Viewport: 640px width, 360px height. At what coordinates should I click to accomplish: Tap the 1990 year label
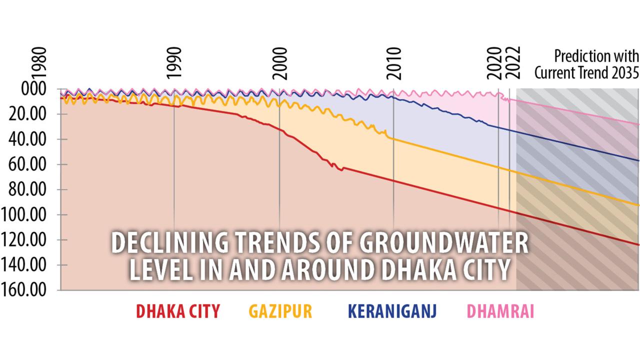[174, 63]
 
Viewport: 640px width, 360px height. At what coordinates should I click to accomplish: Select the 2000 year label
[280, 63]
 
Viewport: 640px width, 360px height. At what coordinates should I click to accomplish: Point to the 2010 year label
[394, 63]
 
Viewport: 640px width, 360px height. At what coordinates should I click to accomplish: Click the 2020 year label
[495, 63]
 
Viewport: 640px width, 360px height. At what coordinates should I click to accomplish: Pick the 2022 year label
[513, 63]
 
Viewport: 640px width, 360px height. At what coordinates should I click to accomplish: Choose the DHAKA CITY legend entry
[178, 311]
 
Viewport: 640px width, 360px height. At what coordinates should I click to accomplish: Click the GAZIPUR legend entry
[280, 311]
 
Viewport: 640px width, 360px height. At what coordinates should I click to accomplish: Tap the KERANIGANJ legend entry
[392, 311]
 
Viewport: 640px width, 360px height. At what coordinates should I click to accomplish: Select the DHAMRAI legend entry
[500, 311]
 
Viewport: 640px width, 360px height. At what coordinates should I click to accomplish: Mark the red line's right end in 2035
[638, 244]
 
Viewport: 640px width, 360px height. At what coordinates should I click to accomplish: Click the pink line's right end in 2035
[638, 124]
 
